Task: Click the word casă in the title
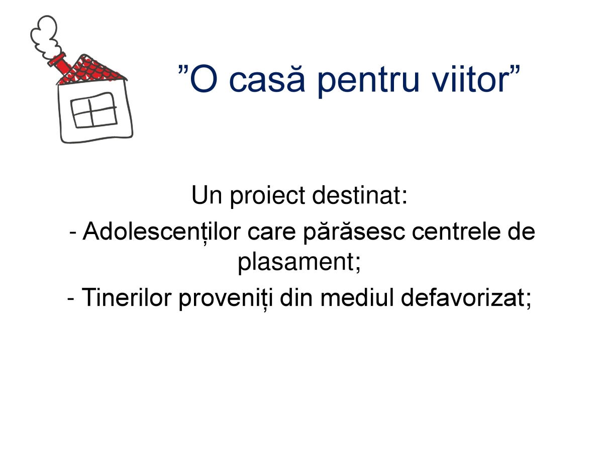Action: pos(267,78)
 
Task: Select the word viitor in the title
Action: pos(469,79)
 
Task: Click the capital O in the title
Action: pos(204,79)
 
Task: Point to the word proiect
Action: pos(267,196)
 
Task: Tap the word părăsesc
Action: pos(354,233)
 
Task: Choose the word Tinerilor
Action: pos(127,297)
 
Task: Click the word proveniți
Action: pos(226,299)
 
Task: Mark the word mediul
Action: pos(357,297)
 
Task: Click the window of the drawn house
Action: pos(93,110)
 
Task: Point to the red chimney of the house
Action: pos(60,66)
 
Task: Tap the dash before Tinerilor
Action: pos(70,299)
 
